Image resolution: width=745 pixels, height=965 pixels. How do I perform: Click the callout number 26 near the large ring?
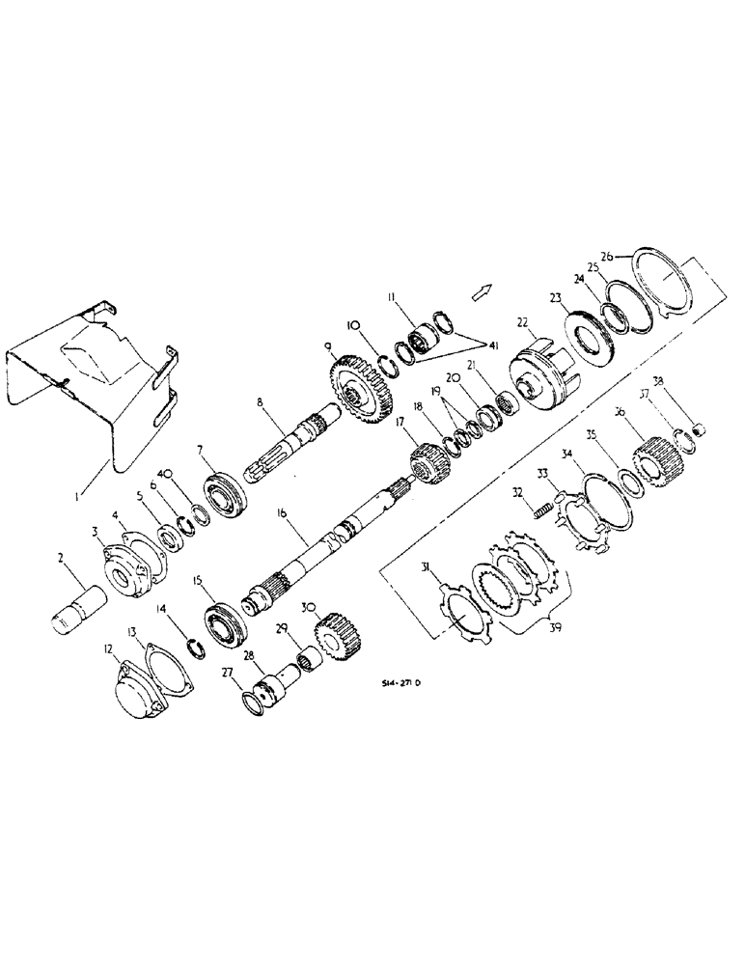tap(605, 256)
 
